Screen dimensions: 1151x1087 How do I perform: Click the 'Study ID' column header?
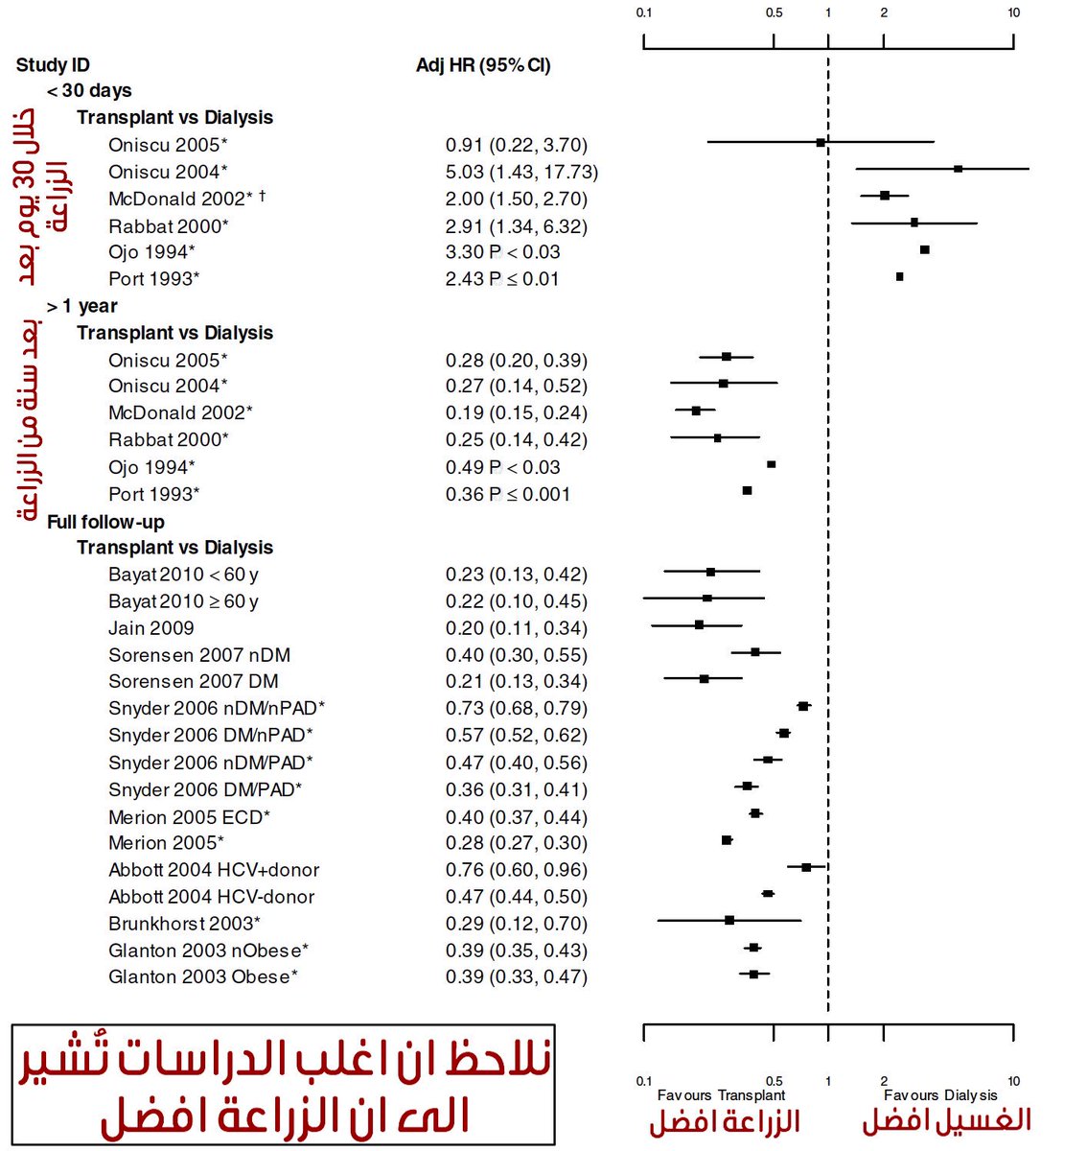coord(53,65)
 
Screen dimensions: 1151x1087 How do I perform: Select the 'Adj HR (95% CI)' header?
coord(483,65)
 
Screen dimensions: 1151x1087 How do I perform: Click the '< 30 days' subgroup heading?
coord(89,91)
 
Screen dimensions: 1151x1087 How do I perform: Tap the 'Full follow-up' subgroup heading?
coord(105,522)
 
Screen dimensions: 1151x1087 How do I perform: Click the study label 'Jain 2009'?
coord(150,628)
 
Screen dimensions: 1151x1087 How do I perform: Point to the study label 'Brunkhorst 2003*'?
coord(184,924)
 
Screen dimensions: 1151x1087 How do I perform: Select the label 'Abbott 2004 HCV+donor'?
coord(214,870)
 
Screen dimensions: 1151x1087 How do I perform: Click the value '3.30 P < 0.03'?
coord(502,252)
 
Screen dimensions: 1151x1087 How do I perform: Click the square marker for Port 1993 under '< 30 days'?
coord(899,276)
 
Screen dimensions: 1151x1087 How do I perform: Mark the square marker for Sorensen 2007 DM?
coord(704,678)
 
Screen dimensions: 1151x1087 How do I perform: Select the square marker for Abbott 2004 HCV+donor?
coord(806,867)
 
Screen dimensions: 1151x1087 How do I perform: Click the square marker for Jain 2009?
coord(699,624)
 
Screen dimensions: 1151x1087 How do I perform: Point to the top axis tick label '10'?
coord(1014,13)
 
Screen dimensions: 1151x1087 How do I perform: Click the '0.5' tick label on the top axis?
coord(774,13)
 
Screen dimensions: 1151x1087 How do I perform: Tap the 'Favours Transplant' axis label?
coord(721,1095)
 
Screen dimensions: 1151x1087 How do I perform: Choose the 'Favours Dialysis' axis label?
coord(940,1095)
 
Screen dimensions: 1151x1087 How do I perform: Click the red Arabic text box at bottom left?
coord(283,1085)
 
